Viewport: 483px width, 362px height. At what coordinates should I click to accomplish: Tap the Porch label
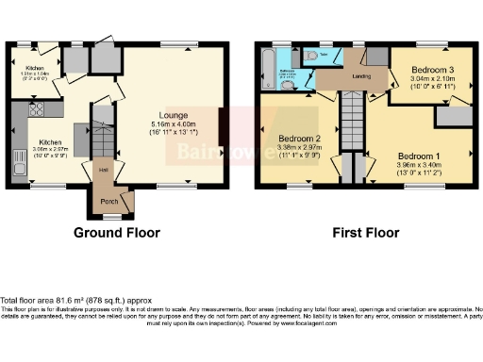pos(110,201)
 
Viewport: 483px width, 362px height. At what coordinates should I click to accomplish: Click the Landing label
pos(361,76)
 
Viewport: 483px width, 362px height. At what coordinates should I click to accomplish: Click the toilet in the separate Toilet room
pos(312,57)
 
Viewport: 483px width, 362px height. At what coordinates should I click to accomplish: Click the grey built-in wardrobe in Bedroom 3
pos(453,116)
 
